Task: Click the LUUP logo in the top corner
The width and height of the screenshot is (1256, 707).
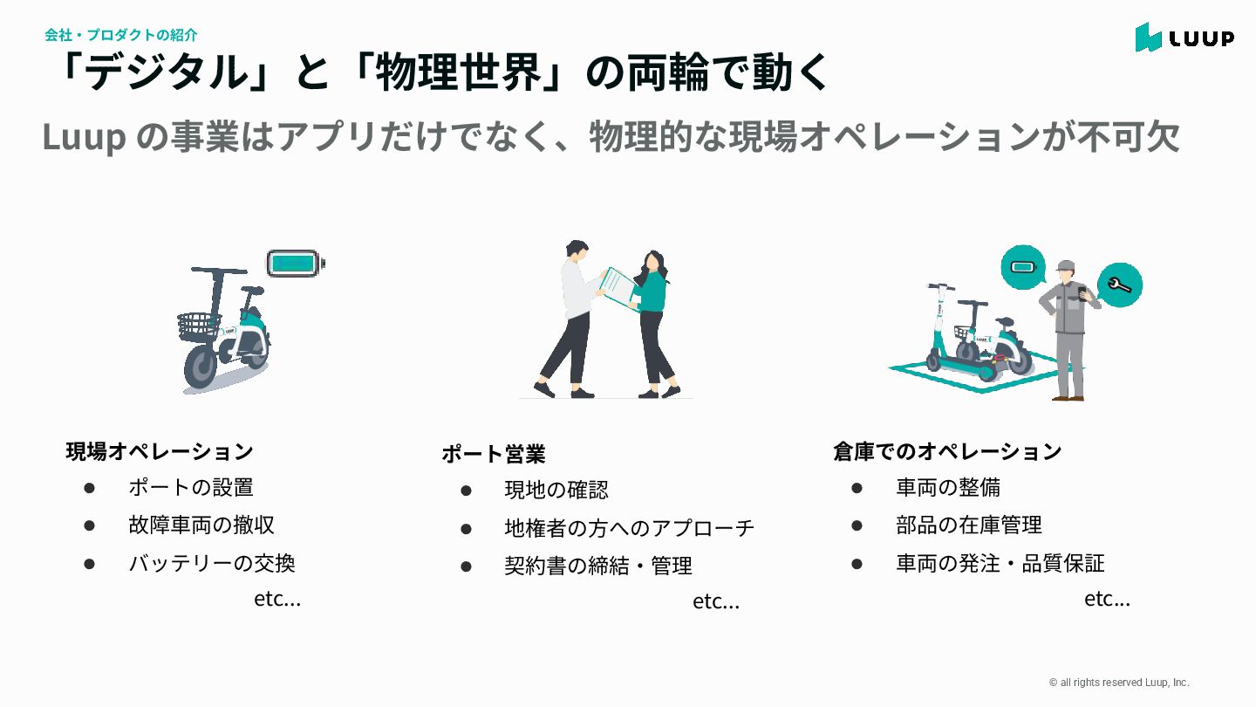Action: coord(1184,38)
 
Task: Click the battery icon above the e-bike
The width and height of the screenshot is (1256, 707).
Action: coord(295,263)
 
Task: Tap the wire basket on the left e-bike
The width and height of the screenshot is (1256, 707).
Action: coord(198,326)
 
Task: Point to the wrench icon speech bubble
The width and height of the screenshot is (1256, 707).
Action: coord(1119,285)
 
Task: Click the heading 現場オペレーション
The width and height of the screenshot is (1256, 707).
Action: coord(160,451)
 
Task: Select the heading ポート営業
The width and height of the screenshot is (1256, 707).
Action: coord(493,454)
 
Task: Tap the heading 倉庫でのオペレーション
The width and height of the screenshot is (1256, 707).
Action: coord(947,451)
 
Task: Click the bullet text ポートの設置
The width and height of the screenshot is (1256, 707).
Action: coord(191,487)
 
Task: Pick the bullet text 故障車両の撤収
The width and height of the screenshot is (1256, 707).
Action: coord(201,525)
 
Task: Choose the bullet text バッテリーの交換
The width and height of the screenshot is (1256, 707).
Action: coord(212,563)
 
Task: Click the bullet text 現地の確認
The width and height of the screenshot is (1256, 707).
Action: coord(556,490)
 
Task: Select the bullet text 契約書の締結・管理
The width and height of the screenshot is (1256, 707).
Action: coord(598,566)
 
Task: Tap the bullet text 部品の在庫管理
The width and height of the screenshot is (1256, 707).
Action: coord(969,525)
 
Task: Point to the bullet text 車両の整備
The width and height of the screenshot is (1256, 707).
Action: coord(948,487)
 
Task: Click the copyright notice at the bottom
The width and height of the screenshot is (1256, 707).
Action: coord(1119,683)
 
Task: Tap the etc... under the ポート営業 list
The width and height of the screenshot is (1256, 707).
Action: coord(716,601)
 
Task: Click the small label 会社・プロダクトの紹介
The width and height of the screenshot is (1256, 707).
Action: coord(121,35)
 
